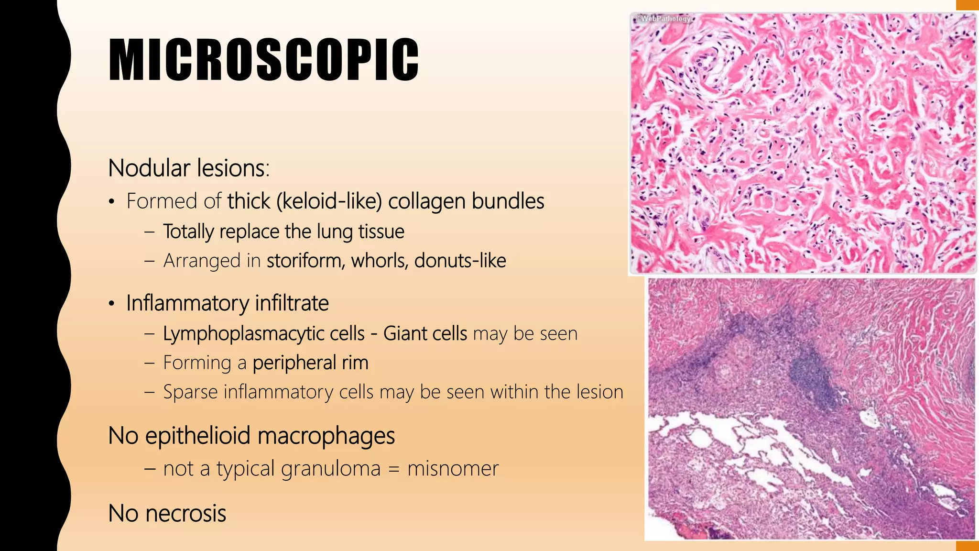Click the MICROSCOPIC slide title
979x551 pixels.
point(263,59)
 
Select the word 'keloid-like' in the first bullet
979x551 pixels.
point(329,201)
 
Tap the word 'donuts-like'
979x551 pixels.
point(460,261)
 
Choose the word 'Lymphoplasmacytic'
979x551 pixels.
point(264,334)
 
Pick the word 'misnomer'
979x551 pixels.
point(453,468)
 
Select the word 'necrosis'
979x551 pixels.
point(185,514)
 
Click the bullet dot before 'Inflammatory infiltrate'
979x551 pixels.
point(111,304)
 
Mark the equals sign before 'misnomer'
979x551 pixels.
point(393,469)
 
